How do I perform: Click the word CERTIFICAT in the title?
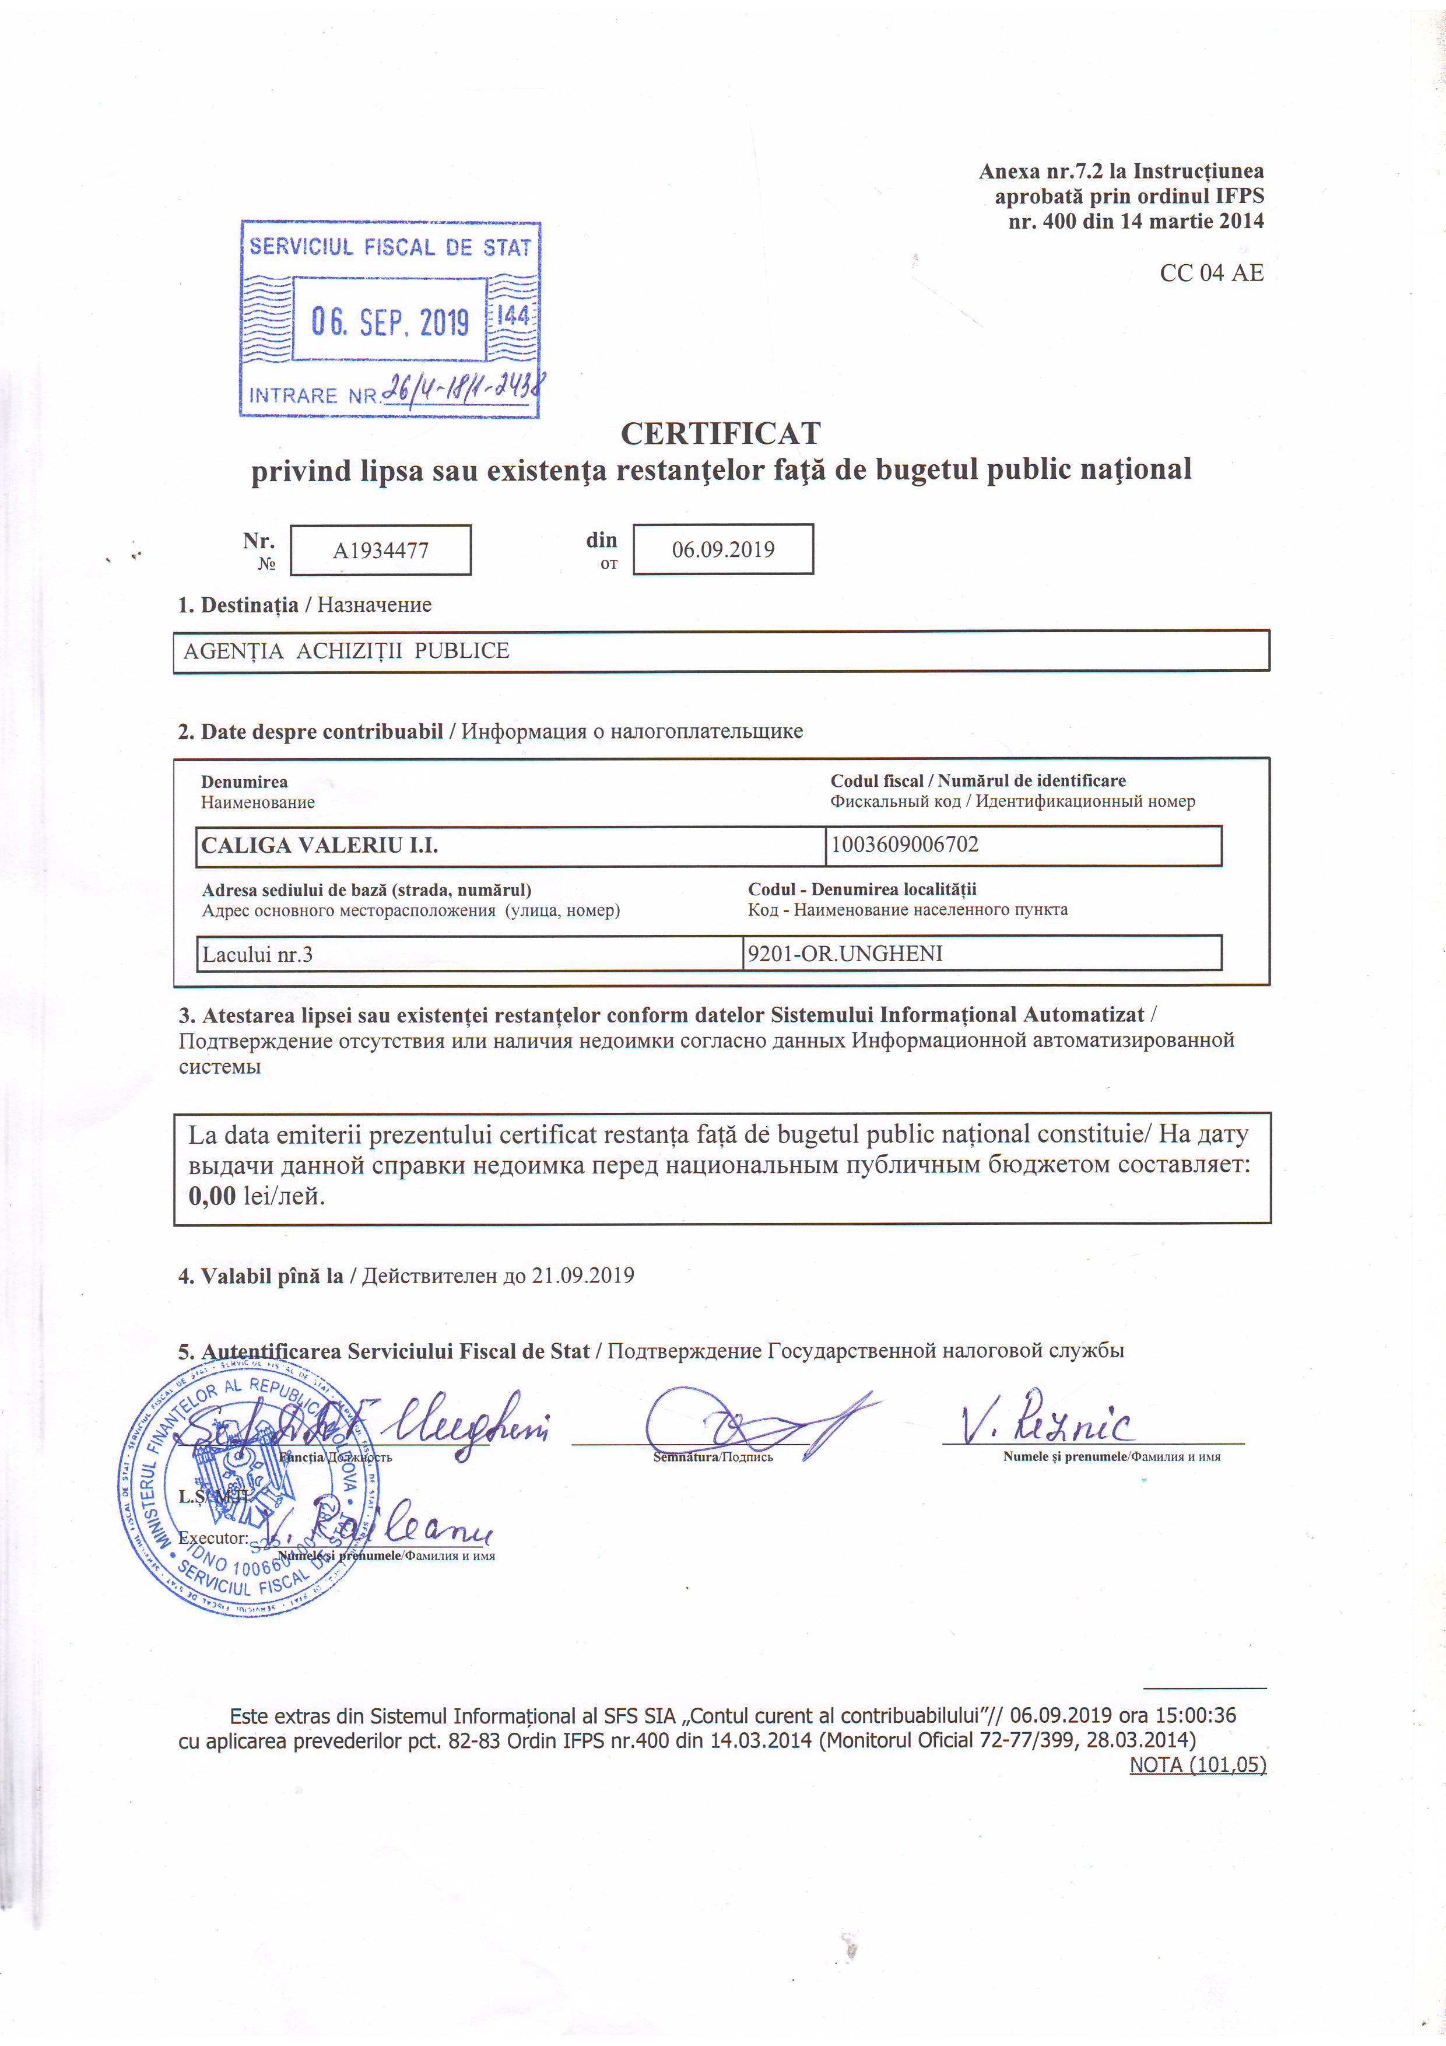click(720, 434)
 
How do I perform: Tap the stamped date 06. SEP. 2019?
click(389, 321)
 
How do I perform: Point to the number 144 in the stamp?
click(513, 316)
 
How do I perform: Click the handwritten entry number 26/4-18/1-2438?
click(464, 390)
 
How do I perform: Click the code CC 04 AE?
click(1211, 274)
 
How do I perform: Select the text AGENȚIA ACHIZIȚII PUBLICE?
click(346, 651)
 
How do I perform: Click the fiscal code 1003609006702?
click(904, 844)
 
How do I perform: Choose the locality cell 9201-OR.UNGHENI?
click(845, 954)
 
